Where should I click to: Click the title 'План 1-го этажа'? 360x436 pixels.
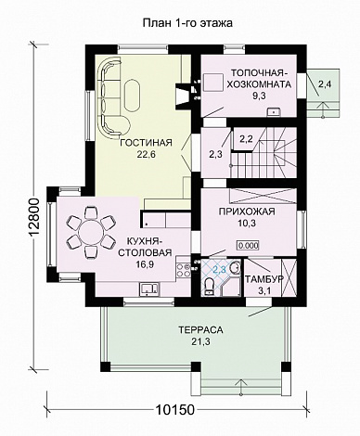click(x=187, y=23)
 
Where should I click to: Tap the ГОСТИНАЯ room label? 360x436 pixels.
click(x=146, y=143)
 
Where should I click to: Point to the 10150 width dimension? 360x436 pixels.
click(x=174, y=410)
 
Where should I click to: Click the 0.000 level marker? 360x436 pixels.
click(x=248, y=246)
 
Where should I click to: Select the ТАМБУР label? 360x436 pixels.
click(x=264, y=279)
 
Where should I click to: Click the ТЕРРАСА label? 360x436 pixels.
click(x=200, y=330)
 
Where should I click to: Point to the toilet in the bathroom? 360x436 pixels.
click(x=210, y=286)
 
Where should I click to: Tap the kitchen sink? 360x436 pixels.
click(x=149, y=289)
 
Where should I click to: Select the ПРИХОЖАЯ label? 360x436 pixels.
click(x=247, y=212)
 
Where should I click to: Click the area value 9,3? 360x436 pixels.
click(x=259, y=96)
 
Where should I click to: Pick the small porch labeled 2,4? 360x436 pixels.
click(x=324, y=93)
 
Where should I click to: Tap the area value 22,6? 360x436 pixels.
click(x=146, y=154)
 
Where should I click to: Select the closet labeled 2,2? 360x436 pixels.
click(x=246, y=139)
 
